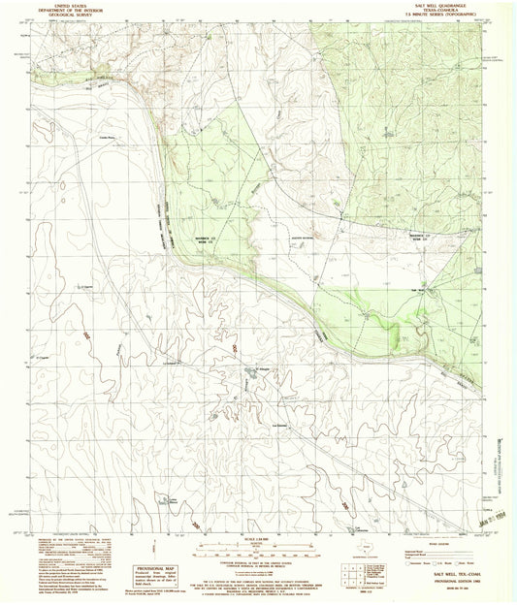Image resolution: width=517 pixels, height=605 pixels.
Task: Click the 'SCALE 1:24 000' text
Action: click(x=258, y=538)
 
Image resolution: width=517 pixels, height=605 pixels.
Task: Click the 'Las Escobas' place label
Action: click(x=281, y=423)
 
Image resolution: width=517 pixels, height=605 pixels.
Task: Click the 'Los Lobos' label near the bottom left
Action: click(x=171, y=501)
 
